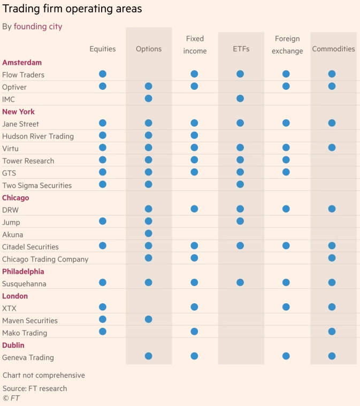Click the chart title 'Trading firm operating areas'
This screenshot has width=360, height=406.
[x=72, y=9]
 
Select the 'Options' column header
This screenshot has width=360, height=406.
[x=149, y=49]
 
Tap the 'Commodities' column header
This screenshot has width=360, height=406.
[x=333, y=49]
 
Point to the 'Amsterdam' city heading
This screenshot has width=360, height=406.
[x=22, y=63]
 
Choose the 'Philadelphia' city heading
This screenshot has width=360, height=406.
[x=23, y=271]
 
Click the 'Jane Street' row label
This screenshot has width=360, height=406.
[x=20, y=124]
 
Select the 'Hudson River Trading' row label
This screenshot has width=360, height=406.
[x=38, y=136]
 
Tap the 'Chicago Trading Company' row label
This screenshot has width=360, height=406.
[x=45, y=259]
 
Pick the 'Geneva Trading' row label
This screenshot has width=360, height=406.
[x=28, y=357]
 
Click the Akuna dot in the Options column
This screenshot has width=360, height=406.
[x=149, y=233]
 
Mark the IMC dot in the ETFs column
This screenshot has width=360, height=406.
[x=240, y=98]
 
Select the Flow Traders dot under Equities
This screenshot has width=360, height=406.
[x=103, y=74]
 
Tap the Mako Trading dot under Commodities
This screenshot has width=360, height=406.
[x=332, y=332]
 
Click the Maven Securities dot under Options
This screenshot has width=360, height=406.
[x=149, y=319]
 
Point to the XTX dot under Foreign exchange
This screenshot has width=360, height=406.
[x=286, y=307]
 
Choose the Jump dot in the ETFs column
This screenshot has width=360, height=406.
[x=240, y=221]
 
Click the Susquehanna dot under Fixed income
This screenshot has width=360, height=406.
[x=194, y=282]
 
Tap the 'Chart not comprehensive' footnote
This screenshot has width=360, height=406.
[x=44, y=375]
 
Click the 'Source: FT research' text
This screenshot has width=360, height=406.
[x=35, y=388]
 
